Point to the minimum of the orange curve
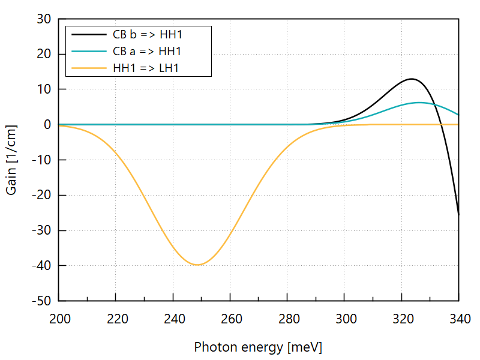[197, 265]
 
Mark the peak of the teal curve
[419, 103]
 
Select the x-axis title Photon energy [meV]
[258, 347]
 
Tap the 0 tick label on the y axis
[47, 125]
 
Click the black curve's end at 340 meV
[458, 214]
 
